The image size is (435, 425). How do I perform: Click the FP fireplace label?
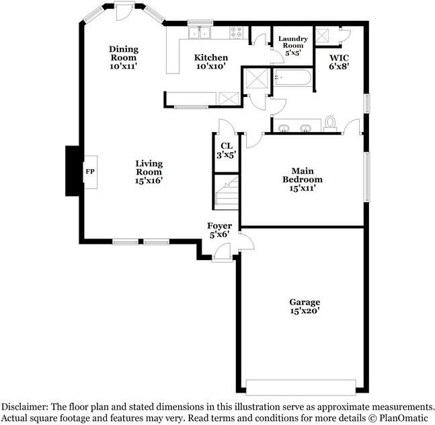tap(89, 172)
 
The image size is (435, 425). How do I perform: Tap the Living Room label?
tap(149, 172)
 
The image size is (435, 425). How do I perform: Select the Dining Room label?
tap(124, 57)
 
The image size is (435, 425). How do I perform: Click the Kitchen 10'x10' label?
tap(211, 62)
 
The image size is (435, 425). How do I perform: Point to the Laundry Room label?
tap(292, 45)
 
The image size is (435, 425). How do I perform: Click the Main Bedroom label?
tap(306, 180)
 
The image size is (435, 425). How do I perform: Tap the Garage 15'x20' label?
tap(304, 306)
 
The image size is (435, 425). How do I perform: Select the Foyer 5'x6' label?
tap(219, 230)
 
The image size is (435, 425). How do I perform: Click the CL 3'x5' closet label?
tap(226, 150)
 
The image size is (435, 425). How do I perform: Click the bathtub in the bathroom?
tap(293, 78)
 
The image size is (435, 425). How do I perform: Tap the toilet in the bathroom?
tap(330, 122)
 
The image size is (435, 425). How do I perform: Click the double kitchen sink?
tap(200, 32)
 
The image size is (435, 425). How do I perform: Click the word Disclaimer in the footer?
tap(26, 407)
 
